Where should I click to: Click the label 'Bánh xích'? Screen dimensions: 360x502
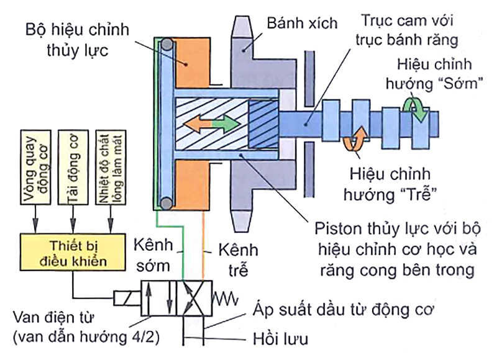pos(302,24)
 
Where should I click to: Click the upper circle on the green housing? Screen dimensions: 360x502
pos(166,45)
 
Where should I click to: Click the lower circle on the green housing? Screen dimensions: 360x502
pos(166,202)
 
